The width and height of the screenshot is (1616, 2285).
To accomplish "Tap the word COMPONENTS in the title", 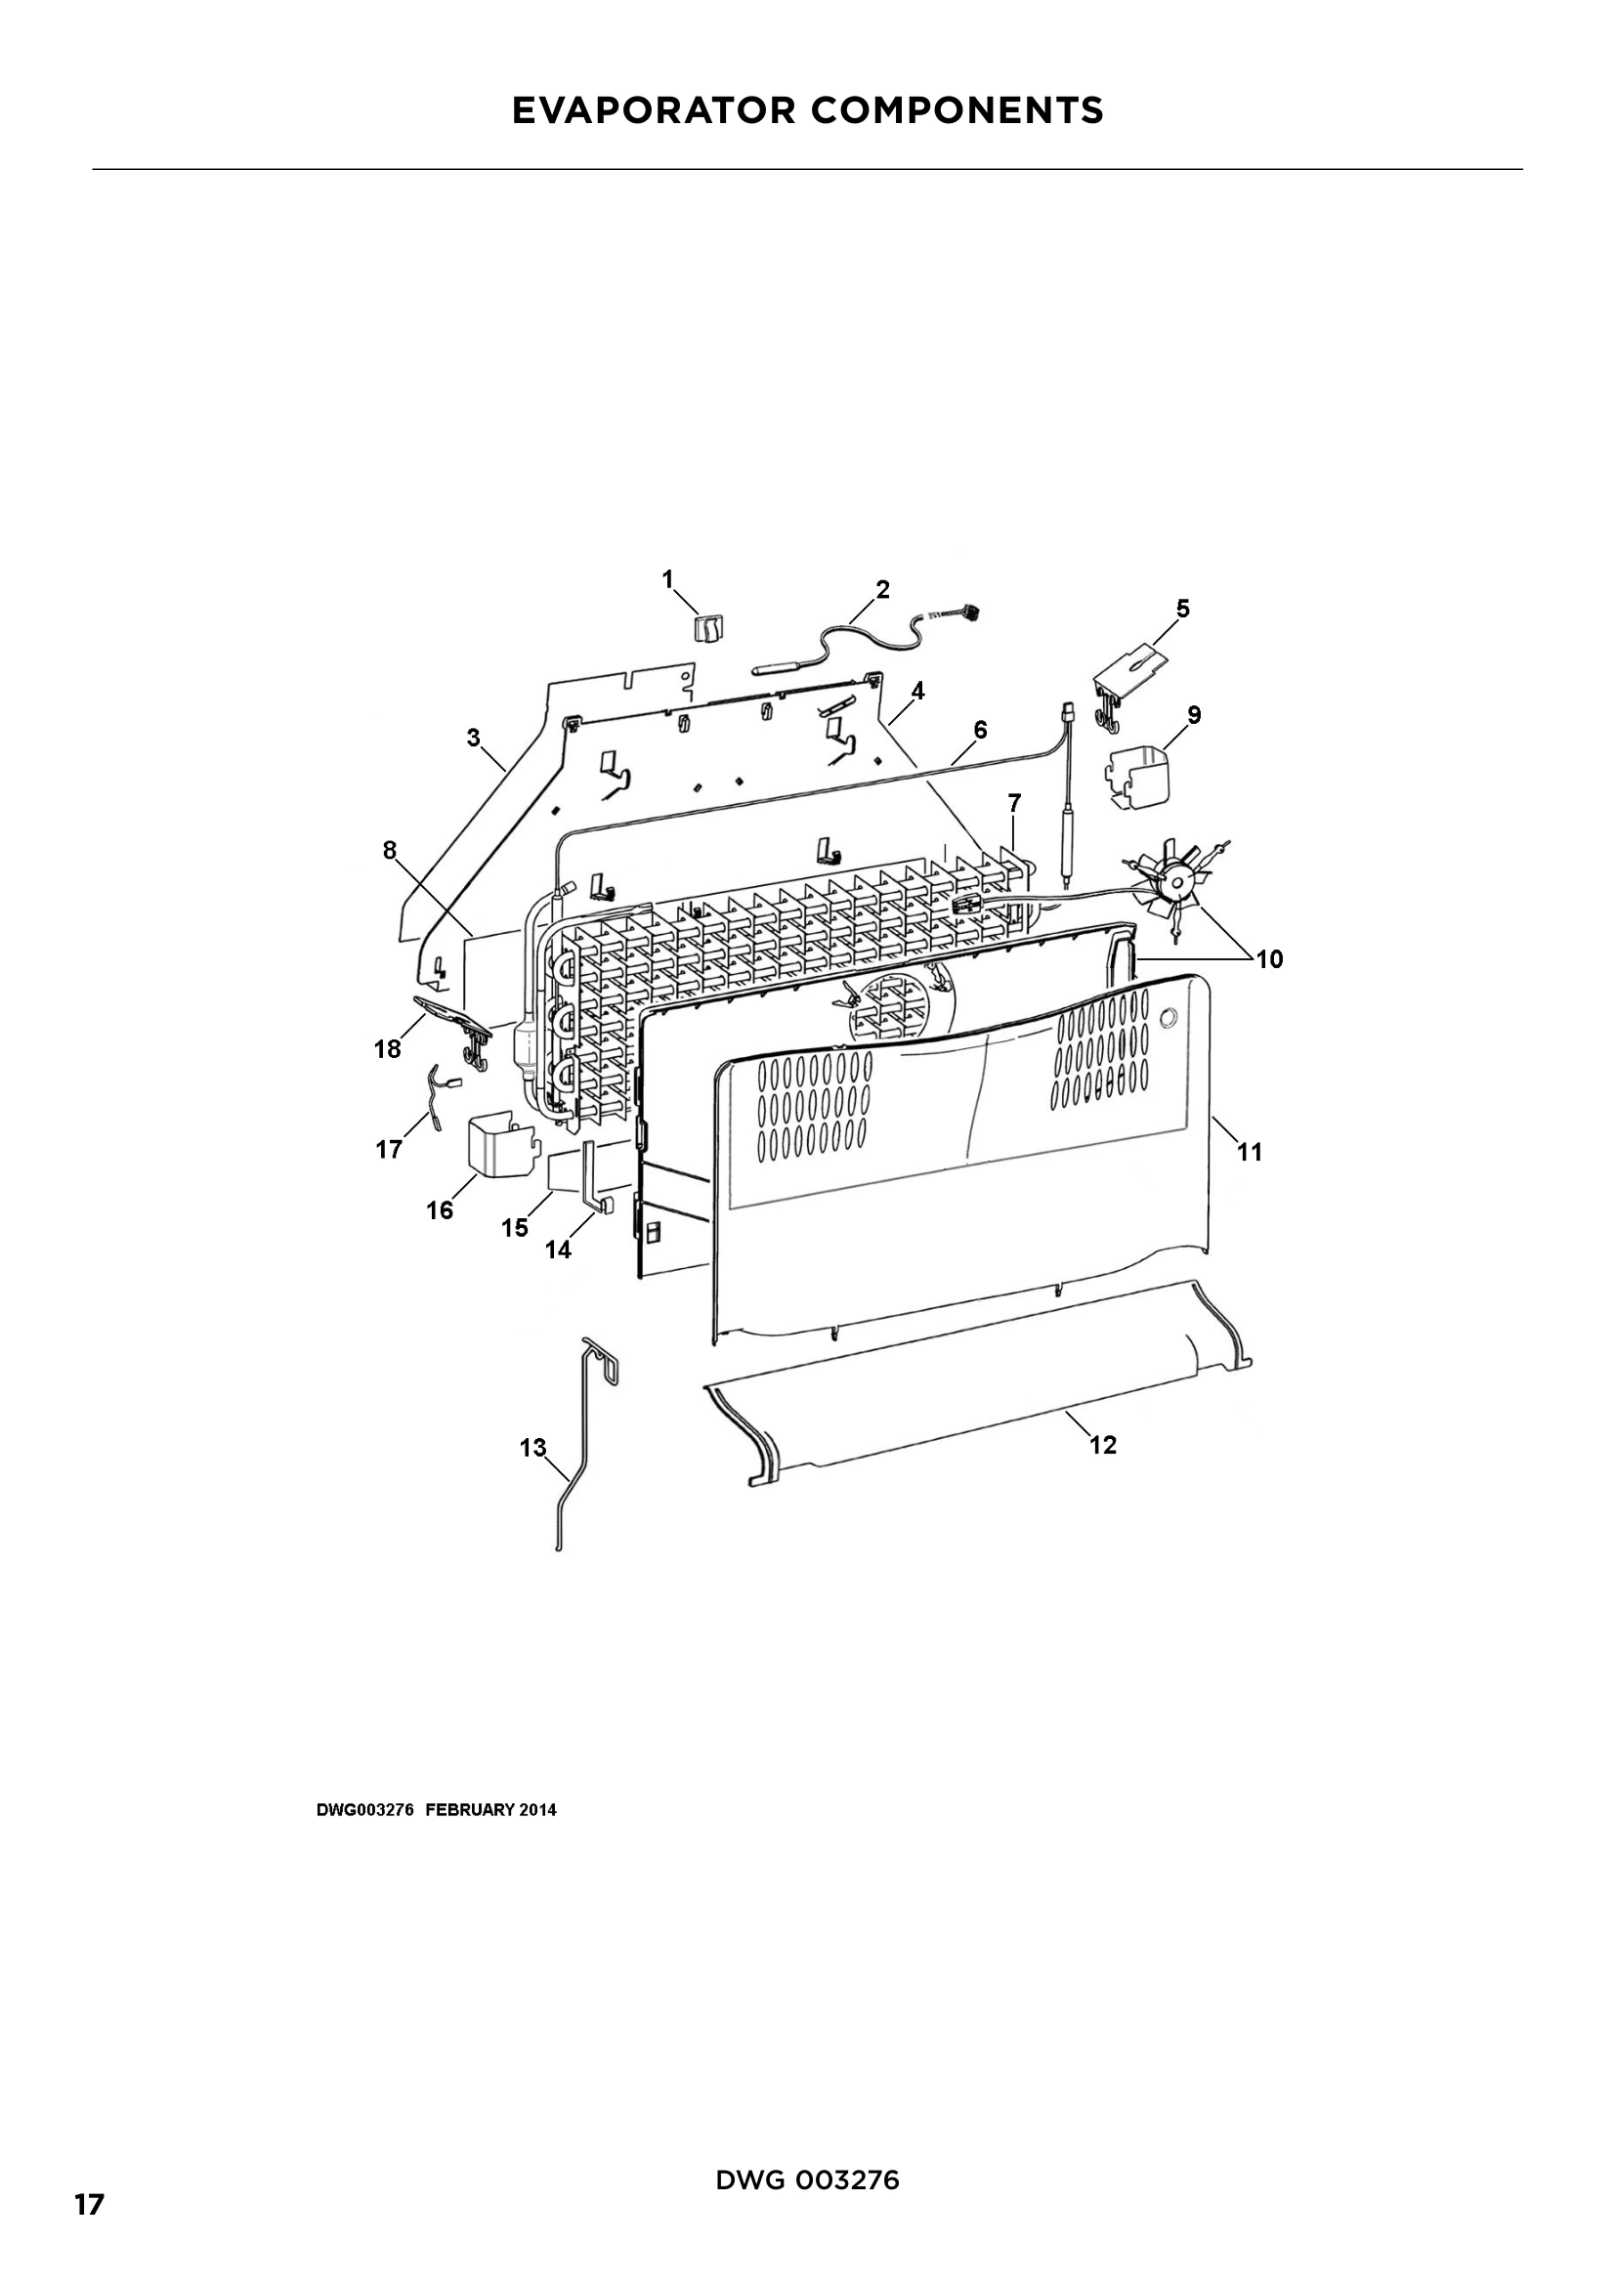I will coord(957,110).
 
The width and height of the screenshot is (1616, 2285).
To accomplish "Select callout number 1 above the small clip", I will coord(667,579).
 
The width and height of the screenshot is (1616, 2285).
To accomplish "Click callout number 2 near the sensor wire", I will coord(881,589).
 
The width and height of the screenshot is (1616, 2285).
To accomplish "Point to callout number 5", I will coord(1182,608).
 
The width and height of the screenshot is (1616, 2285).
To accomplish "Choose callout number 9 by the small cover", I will coord(1194,714).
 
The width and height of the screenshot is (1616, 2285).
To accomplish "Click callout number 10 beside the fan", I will coord(1269,959).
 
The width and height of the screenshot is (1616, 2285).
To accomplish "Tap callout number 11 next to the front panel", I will coord(1249,1153).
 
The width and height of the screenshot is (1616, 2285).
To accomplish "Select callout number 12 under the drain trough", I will coord(1102,1445).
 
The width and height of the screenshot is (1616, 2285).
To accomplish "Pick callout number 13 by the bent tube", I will coord(533,1447).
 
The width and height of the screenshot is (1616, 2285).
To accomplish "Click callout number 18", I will coord(387,1049).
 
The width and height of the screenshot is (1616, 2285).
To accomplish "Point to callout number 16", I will coord(440,1210).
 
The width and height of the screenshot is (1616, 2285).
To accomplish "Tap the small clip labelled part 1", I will coord(707,628).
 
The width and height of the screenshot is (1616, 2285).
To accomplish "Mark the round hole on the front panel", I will coord(1169,1017).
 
